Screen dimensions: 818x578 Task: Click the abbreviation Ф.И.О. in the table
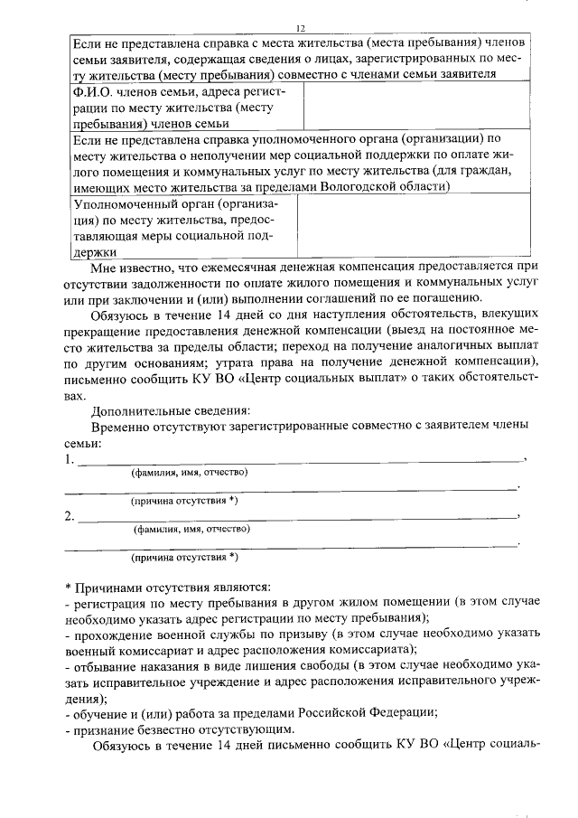92,92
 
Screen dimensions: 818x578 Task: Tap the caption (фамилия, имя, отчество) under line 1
191,472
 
